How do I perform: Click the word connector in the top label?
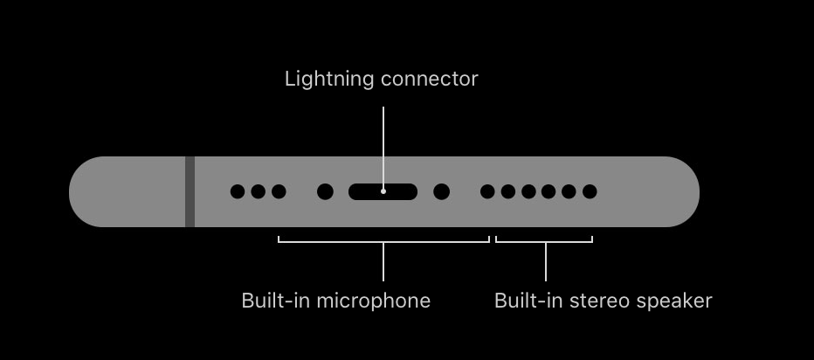(x=430, y=79)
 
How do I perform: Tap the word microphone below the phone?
(x=373, y=301)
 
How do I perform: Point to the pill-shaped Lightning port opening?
(x=383, y=191)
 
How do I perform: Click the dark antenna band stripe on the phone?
(x=190, y=191)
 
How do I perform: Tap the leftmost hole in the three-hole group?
(x=238, y=191)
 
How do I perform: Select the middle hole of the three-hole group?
(x=258, y=191)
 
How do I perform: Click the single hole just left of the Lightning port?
(x=325, y=191)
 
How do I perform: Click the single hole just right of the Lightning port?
(x=441, y=191)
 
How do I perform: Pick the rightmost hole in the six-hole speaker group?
(x=590, y=191)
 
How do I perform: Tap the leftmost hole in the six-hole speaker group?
(x=487, y=191)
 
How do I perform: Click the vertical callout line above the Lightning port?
(x=383, y=148)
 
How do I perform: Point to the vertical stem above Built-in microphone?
(x=383, y=261)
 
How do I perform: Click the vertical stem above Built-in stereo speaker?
(x=546, y=261)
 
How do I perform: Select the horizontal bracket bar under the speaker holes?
(x=544, y=241)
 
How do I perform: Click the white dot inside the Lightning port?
(x=383, y=191)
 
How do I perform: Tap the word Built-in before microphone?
(x=277, y=301)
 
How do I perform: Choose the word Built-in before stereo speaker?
(x=529, y=301)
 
